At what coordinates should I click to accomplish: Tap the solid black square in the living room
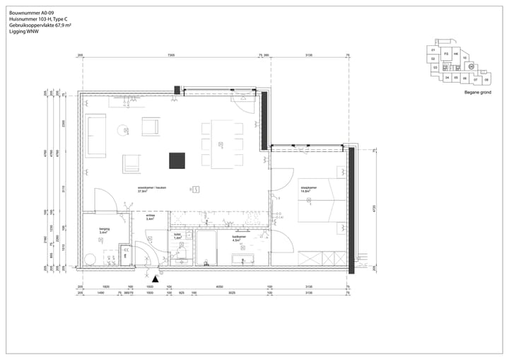(x=176, y=161)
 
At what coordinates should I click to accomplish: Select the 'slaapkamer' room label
(x=309, y=188)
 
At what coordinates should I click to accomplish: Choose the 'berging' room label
(x=103, y=231)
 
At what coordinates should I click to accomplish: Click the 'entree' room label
(x=150, y=217)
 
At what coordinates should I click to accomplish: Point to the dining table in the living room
(x=222, y=145)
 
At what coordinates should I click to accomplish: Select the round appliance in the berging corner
(x=90, y=259)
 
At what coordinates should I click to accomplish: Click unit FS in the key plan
(x=445, y=54)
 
